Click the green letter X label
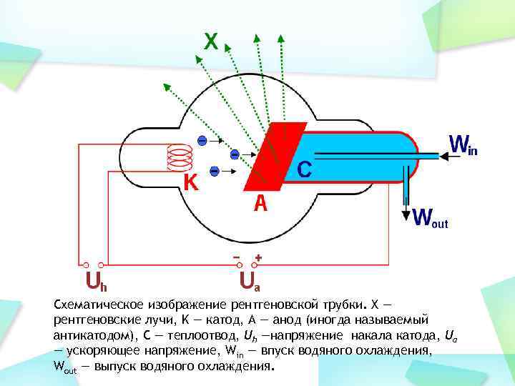pos(211,41)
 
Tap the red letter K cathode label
pos(190,183)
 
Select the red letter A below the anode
pos(261,204)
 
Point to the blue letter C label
pos(304,169)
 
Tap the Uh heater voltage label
pos(92,279)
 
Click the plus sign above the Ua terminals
pos(258,256)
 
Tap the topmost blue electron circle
pos(202,140)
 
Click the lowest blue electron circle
pos(213,171)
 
